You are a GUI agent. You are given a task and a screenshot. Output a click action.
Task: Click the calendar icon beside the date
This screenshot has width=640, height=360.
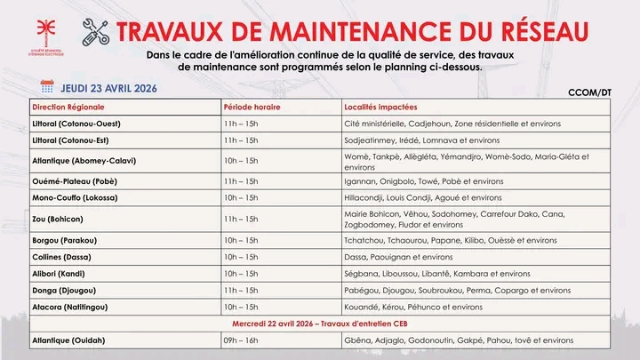[x=47, y=86]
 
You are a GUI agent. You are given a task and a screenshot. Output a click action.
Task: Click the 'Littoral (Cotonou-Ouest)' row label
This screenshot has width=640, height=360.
[x=76, y=123]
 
